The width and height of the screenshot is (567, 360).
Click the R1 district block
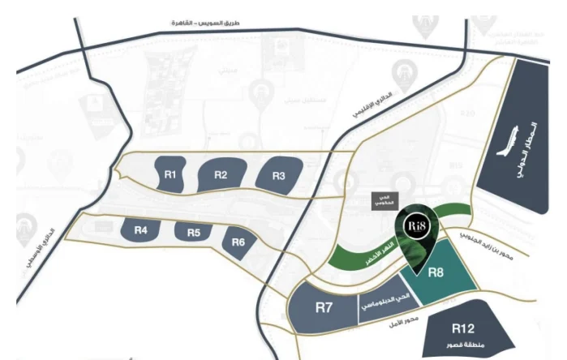[x=172, y=174]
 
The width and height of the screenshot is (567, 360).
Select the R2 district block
[x=221, y=175]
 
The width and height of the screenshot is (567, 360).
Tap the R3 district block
[x=278, y=175]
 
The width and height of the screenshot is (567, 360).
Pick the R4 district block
[x=141, y=230]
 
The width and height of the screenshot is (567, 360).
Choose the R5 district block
[x=193, y=233]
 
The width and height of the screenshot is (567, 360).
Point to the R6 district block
[x=238, y=242]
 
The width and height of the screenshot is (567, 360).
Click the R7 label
[x=325, y=308]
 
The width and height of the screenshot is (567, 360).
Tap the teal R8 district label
[x=436, y=272]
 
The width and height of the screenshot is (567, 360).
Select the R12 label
[x=463, y=328]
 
